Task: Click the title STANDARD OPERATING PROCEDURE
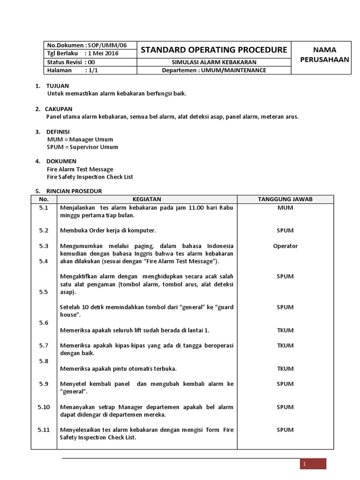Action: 214,50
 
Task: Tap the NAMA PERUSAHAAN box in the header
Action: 321,54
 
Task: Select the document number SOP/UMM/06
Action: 109,45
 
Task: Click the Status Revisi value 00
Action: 91,62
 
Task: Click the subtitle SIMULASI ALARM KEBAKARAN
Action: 214,62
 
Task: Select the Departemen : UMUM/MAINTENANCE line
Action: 214,70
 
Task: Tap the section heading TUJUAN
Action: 58,86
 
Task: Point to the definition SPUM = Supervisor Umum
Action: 82,147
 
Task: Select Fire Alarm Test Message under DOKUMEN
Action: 80,169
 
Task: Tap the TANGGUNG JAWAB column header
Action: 285,199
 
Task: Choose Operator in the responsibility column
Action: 285,246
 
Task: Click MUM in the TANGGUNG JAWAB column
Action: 285,208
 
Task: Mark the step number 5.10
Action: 44,407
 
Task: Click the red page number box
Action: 313,464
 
